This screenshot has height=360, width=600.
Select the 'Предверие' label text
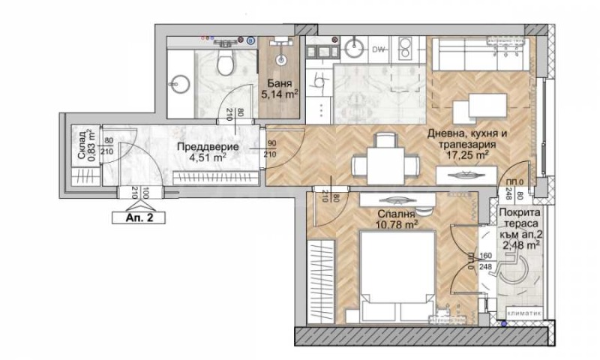click(x=201, y=147)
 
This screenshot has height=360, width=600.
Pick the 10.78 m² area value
click(x=397, y=223)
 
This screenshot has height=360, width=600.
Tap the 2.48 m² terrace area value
click(x=520, y=244)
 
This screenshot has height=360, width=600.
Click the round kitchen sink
click(x=354, y=49)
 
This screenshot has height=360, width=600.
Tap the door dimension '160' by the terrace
click(x=463, y=254)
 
